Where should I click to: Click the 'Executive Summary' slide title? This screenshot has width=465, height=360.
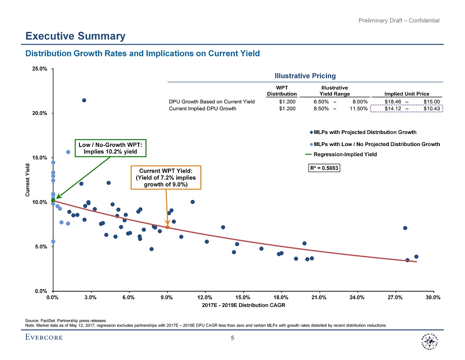[x=75, y=36]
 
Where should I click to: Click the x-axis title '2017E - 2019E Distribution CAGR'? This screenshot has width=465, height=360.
[x=243, y=306]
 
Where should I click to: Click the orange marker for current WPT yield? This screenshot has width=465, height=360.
[x=167, y=227]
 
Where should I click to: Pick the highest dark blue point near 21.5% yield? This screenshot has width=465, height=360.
[x=84, y=100]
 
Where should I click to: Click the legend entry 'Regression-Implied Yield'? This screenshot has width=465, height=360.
[x=345, y=154]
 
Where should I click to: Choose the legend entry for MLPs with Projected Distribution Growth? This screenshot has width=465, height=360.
[x=365, y=132]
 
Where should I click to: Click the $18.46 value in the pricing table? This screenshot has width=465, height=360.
[x=393, y=101]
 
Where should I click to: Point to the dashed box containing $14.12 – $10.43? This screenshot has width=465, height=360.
[x=406, y=109]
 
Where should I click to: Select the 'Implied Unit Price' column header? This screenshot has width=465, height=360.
[x=407, y=94]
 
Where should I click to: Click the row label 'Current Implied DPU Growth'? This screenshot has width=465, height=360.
[x=202, y=109]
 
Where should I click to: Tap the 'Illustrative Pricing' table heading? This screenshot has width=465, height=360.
[x=305, y=76]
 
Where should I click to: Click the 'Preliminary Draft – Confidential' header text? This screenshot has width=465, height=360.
[x=399, y=20]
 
